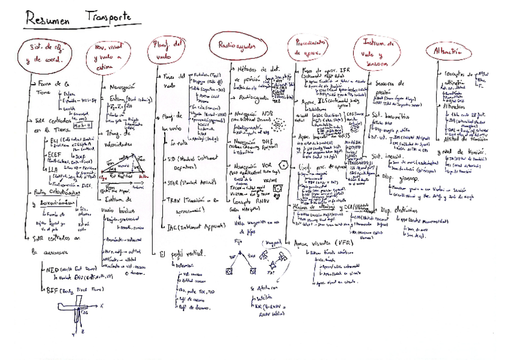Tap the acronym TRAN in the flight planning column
point(171,203)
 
